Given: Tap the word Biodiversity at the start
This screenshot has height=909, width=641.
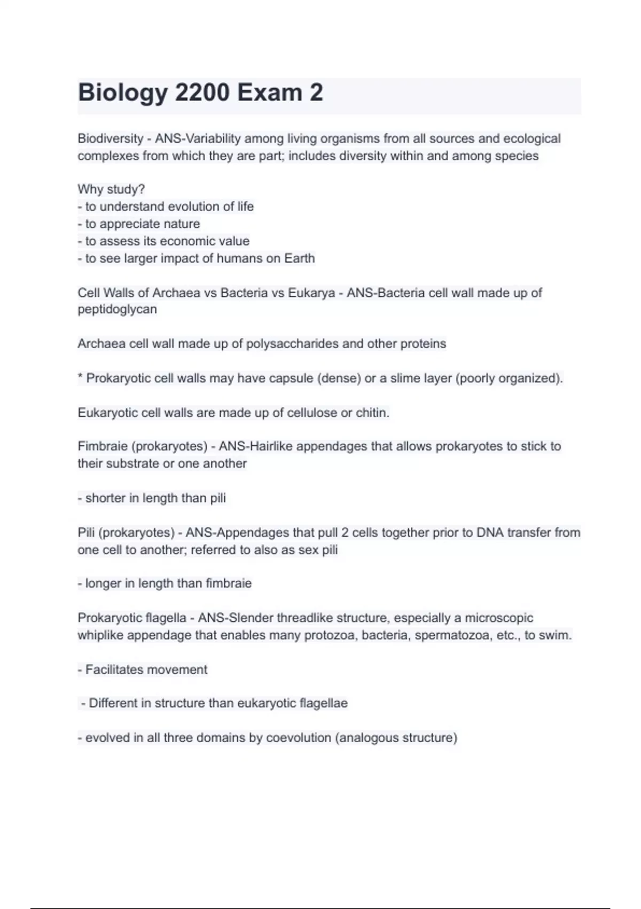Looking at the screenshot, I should click(111, 138).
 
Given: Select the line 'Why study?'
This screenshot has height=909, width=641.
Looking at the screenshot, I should click(111, 189).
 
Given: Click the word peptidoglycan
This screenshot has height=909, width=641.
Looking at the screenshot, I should click(117, 310).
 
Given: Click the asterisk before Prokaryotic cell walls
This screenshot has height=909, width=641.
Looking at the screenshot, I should click(80, 378).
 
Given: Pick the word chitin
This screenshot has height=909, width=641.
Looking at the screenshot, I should click(372, 413).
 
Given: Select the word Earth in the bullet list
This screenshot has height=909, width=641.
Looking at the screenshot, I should click(299, 259).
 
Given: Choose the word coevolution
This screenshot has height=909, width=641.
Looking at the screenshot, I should click(299, 738).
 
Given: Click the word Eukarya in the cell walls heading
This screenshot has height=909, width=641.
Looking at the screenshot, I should click(311, 293).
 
